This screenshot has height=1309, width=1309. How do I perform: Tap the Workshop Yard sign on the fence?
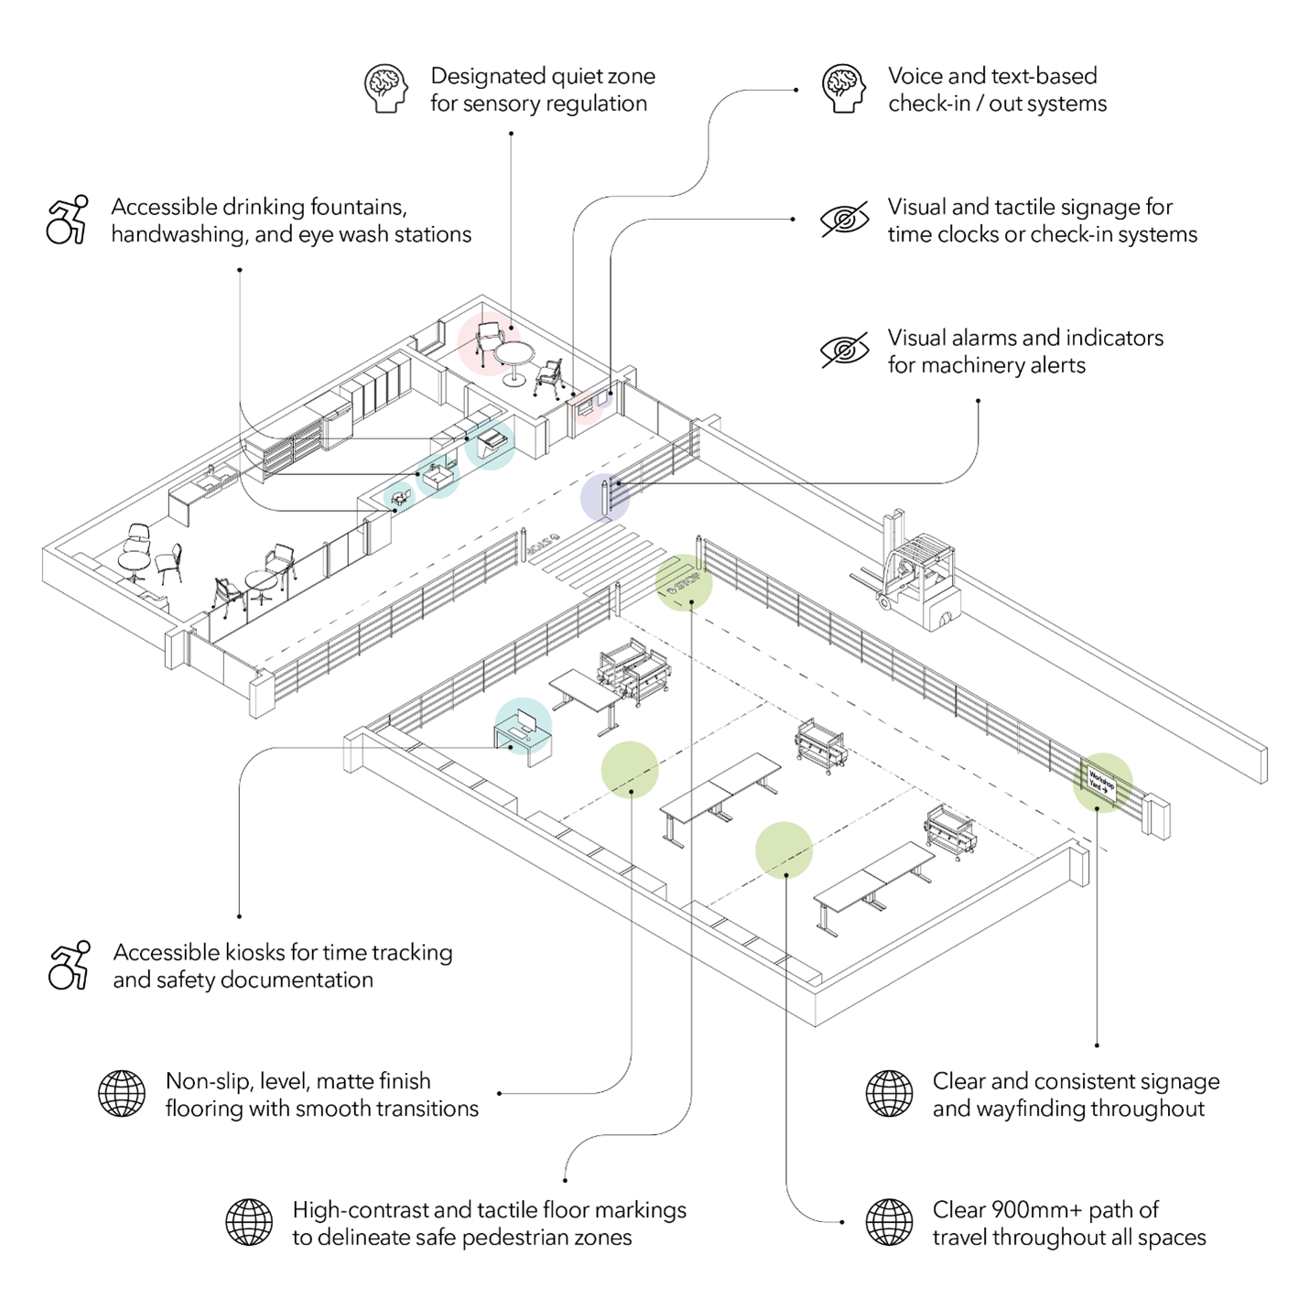point(1101,785)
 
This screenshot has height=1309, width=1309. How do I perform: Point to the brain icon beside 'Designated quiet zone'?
point(386,89)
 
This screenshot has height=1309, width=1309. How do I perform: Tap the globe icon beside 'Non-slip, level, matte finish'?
point(122,1094)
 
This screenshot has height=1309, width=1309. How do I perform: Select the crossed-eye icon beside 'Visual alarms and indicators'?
point(843,351)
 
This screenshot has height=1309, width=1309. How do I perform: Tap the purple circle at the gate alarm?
point(605,498)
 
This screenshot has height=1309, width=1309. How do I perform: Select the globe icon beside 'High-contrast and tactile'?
point(249,1223)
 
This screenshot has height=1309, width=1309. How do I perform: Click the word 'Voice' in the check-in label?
point(915,76)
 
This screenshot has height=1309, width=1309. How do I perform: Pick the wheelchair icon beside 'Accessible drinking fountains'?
point(68,220)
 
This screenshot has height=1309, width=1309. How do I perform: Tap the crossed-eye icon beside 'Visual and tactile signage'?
point(843,220)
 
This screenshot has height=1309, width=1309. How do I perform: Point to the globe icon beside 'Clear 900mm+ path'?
point(889,1223)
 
